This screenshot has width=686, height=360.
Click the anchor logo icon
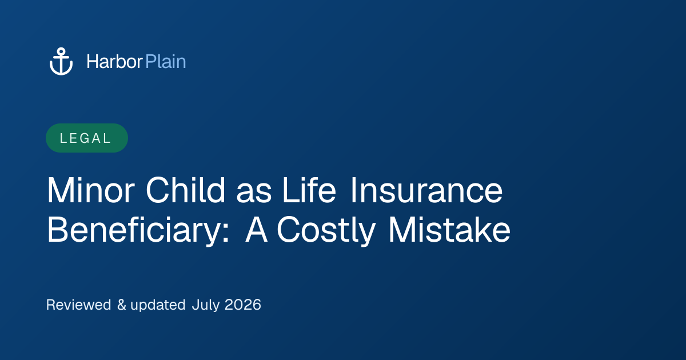click(x=61, y=61)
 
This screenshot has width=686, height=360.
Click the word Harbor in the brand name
click(x=114, y=62)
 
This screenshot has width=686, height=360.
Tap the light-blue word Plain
click(x=166, y=62)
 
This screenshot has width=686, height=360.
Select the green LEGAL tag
click(x=87, y=138)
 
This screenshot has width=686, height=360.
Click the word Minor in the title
click(x=91, y=190)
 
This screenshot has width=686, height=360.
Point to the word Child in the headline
click(x=186, y=190)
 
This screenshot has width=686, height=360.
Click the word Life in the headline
click(x=309, y=190)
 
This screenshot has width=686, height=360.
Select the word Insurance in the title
click(x=426, y=190)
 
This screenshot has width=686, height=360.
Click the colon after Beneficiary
click(x=226, y=234)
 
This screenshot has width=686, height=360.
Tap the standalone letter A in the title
click(x=256, y=229)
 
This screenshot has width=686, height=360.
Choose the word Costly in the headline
click(x=326, y=230)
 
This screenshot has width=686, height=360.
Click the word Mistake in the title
click(x=449, y=229)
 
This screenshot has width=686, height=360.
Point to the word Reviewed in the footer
click(x=78, y=305)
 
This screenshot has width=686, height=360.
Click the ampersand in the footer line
click(x=122, y=305)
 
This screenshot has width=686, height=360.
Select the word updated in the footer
click(x=158, y=305)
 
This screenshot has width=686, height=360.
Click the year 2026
click(x=243, y=305)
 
